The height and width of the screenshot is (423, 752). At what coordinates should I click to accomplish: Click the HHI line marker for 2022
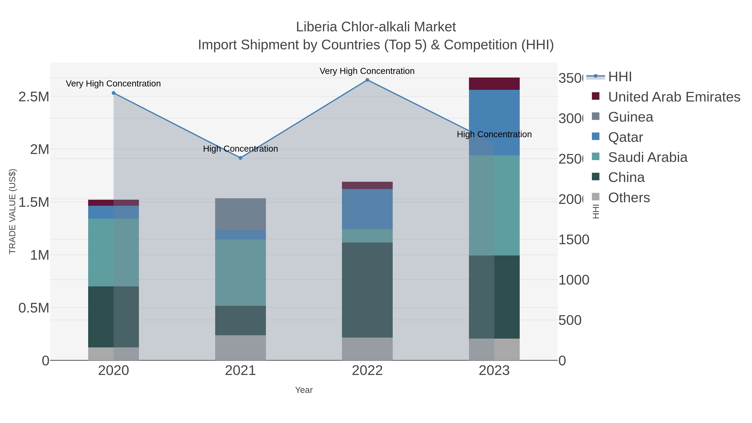click(x=367, y=80)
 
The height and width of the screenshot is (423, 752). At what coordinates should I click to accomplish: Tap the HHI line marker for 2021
click(x=241, y=158)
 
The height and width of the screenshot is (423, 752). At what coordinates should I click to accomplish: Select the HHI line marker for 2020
click(x=114, y=93)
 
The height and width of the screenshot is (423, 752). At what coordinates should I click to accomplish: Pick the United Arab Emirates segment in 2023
click(x=494, y=84)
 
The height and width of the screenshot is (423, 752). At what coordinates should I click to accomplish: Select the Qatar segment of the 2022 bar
click(x=367, y=209)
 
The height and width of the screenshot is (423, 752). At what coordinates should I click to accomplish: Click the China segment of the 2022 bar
click(x=367, y=290)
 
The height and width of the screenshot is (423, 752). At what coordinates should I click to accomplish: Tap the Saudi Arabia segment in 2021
click(x=241, y=273)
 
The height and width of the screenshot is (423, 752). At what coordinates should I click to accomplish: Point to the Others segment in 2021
click(x=241, y=348)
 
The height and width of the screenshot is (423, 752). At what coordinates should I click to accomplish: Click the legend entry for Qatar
click(x=625, y=137)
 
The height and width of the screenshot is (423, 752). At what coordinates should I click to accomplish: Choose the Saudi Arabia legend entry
click(x=648, y=157)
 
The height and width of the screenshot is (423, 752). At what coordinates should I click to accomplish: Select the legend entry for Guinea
click(x=631, y=117)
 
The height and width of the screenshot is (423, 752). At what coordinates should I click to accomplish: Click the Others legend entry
click(x=629, y=198)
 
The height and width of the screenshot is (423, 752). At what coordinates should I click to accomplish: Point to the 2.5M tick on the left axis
click(x=34, y=97)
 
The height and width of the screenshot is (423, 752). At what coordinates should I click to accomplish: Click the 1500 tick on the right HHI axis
click(x=574, y=240)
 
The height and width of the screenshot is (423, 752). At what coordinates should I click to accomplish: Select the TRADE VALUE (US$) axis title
click(x=12, y=211)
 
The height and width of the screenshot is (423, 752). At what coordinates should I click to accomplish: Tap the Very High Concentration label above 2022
click(x=367, y=71)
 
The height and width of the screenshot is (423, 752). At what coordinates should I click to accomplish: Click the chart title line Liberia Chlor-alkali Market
click(x=376, y=27)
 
